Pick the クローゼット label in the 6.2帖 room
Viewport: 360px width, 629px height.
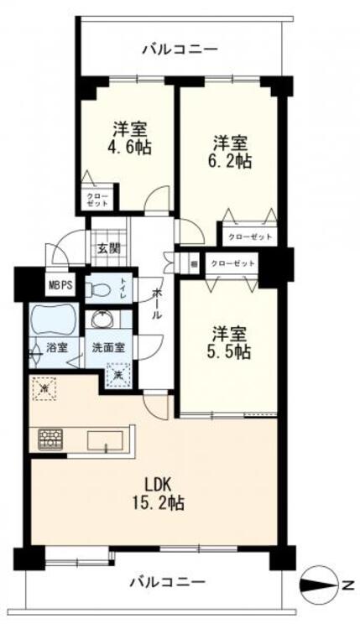[248, 237]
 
